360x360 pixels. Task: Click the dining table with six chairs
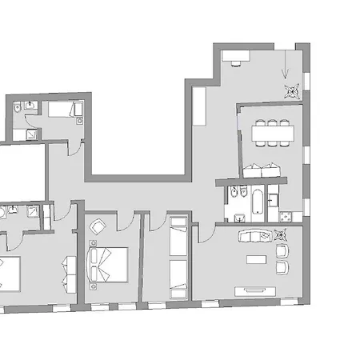click(x=270, y=133)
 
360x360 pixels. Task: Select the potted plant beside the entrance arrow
click(x=290, y=89)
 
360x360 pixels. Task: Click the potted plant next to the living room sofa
click(x=280, y=235)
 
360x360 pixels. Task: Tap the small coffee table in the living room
click(x=254, y=260)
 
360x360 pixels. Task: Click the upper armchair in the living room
click(x=282, y=251)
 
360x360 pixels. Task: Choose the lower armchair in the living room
click(x=282, y=268)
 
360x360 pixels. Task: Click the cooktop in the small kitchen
click(x=284, y=216)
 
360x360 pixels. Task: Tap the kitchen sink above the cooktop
click(x=273, y=201)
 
